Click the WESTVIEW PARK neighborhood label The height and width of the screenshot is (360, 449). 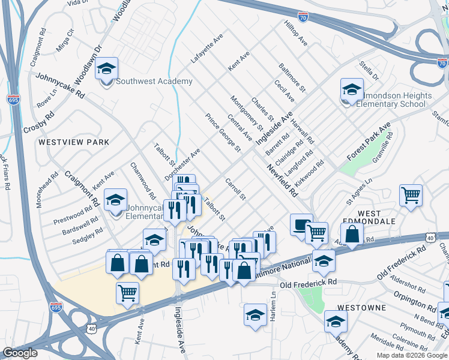73,142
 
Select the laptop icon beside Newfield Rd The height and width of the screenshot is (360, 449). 301,226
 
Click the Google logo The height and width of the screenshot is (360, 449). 20,353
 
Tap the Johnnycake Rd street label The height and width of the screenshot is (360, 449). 60,86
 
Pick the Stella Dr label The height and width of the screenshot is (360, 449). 369,70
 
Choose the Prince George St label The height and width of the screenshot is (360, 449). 223,133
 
